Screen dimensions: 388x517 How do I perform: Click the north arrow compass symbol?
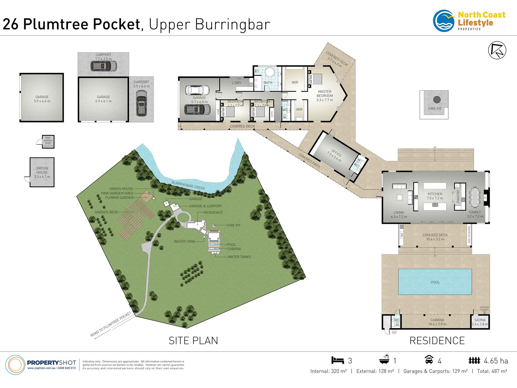[497, 50]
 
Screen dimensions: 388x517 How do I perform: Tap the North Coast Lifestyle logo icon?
[444, 21]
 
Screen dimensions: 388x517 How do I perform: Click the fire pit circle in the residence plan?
[437, 100]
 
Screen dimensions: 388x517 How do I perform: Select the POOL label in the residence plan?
[435, 282]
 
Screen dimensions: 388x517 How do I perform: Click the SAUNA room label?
[480, 320]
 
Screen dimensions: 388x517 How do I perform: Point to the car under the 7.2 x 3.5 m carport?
[104, 66]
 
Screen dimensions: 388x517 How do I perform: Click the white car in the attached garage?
[197, 90]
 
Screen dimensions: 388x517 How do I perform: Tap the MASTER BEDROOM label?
[325, 94]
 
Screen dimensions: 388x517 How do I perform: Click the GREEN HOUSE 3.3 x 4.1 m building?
[42, 172]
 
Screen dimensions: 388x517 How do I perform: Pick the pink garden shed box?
[48, 142]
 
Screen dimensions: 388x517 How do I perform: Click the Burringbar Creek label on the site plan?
[188, 186]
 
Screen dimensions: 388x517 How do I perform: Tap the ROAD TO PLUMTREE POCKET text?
[111, 324]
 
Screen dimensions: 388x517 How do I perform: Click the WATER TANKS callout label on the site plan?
[239, 257]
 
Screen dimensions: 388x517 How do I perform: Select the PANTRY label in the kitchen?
[458, 196]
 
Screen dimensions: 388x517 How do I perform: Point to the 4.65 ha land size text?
[496, 361]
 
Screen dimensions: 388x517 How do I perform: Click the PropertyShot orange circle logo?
[15, 365]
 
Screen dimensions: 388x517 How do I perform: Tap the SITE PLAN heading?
[193, 341]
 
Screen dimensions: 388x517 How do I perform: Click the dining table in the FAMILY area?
[475, 197]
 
